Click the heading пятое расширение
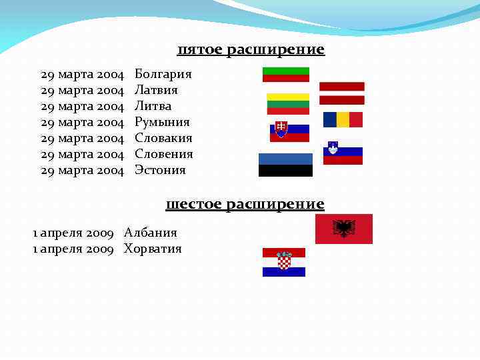coord(251,50)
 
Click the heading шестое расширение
coord(245,204)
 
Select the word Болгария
coord(163,74)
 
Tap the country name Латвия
coord(156,90)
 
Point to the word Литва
coord(153,106)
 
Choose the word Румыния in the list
coord(162,122)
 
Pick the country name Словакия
coord(163,138)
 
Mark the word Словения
coord(164,154)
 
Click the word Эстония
coord(160,170)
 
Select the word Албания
coord(151,233)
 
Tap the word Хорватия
coord(153,249)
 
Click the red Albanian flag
coord(343,229)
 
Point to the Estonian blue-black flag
coord(285,165)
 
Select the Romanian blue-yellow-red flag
coord(343,119)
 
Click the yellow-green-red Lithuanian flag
coord(288,103)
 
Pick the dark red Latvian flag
coord(341,93)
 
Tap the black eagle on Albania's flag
coord(343,229)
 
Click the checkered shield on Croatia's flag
coord(284,261)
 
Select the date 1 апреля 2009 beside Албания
coord(73,233)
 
